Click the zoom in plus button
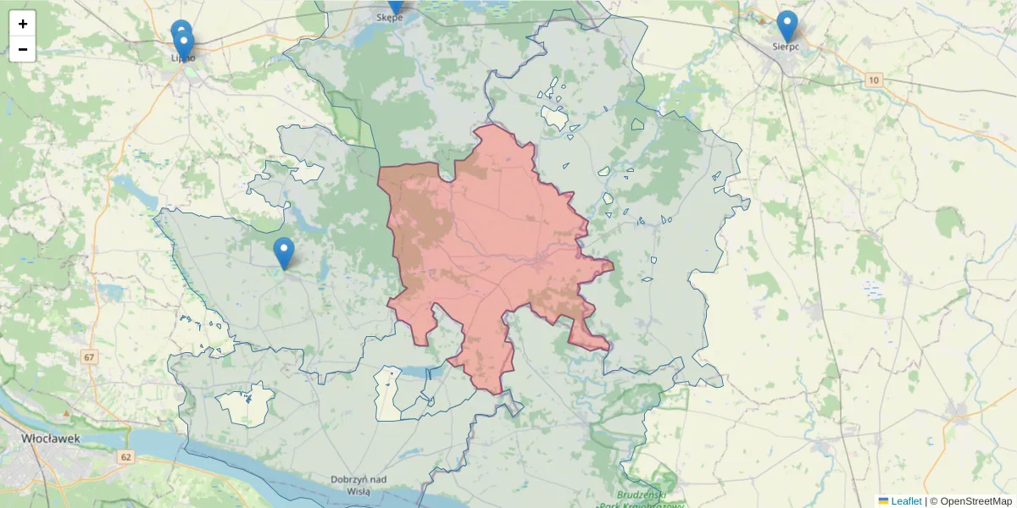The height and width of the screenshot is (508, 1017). pyautogui.click(x=23, y=24)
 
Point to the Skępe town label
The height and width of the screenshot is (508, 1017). pyautogui.click(x=390, y=17)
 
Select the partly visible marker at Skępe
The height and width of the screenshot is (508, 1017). pyautogui.click(x=395, y=6)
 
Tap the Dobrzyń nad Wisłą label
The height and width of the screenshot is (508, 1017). pyautogui.click(x=359, y=485)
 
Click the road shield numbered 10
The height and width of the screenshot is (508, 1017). pyautogui.click(x=874, y=80)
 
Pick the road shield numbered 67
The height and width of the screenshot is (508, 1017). pyautogui.click(x=90, y=357)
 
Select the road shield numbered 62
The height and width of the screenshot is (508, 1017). pyautogui.click(x=126, y=457)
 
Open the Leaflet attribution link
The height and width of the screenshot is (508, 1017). pyautogui.click(x=906, y=501)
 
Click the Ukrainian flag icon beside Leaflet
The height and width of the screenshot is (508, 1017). pyautogui.click(x=883, y=501)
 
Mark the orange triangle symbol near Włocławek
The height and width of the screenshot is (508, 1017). pyautogui.click(x=66, y=412)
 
